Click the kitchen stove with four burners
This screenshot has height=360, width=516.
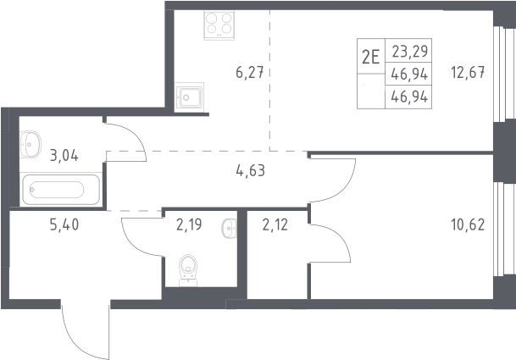[219, 25]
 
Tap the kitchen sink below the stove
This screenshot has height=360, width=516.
[189, 97]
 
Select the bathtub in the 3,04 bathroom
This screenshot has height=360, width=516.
[61, 190]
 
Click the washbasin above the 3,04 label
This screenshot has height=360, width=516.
[31, 144]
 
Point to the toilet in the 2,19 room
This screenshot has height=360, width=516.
[188, 270]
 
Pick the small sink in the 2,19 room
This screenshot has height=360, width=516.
[230, 228]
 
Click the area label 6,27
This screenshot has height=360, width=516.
[250, 72]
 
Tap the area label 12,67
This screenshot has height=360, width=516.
[468, 72]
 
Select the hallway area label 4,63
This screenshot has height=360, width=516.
[251, 171]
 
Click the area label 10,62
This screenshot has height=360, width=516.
[468, 224]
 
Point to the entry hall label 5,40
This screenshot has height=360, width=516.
[64, 224]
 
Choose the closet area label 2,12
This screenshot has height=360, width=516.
[275, 224]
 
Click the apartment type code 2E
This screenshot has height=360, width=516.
[371, 57]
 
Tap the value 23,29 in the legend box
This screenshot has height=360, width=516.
[410, 51]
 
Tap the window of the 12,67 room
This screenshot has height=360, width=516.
[500, 74]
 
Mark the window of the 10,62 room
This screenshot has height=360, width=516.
[500, 230]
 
